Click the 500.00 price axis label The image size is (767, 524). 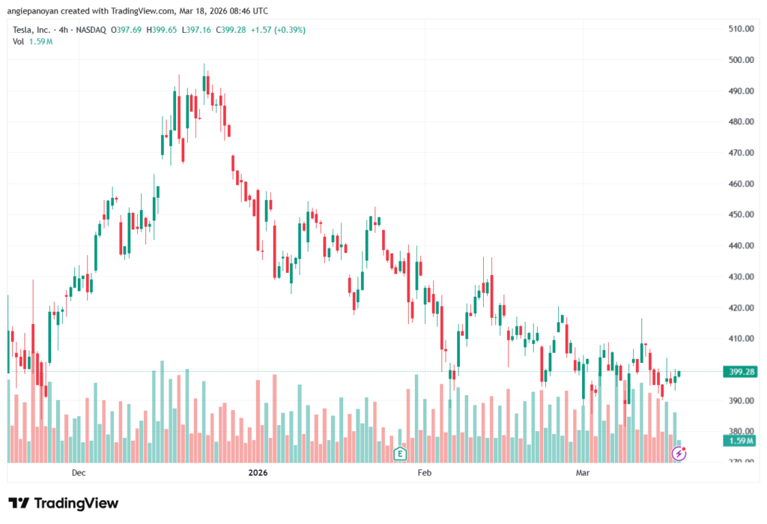tap(739, 60)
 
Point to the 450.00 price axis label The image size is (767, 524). tap(739, 214)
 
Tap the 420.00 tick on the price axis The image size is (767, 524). tap(739, 307)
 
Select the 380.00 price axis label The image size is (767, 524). tap(739, 431)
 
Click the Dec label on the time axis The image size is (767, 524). tap(79, 473)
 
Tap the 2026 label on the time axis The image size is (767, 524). tap(258, 473)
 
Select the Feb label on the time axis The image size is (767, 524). tap(425, 473)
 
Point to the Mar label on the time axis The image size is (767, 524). tap(583, 473)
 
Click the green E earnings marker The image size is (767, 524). tap(400, 454)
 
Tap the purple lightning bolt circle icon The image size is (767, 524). tap(679, 453)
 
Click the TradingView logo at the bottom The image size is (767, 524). tap(64, 503)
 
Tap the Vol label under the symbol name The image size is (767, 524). tap(19, 41)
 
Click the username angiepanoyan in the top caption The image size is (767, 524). tap(36, 11)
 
